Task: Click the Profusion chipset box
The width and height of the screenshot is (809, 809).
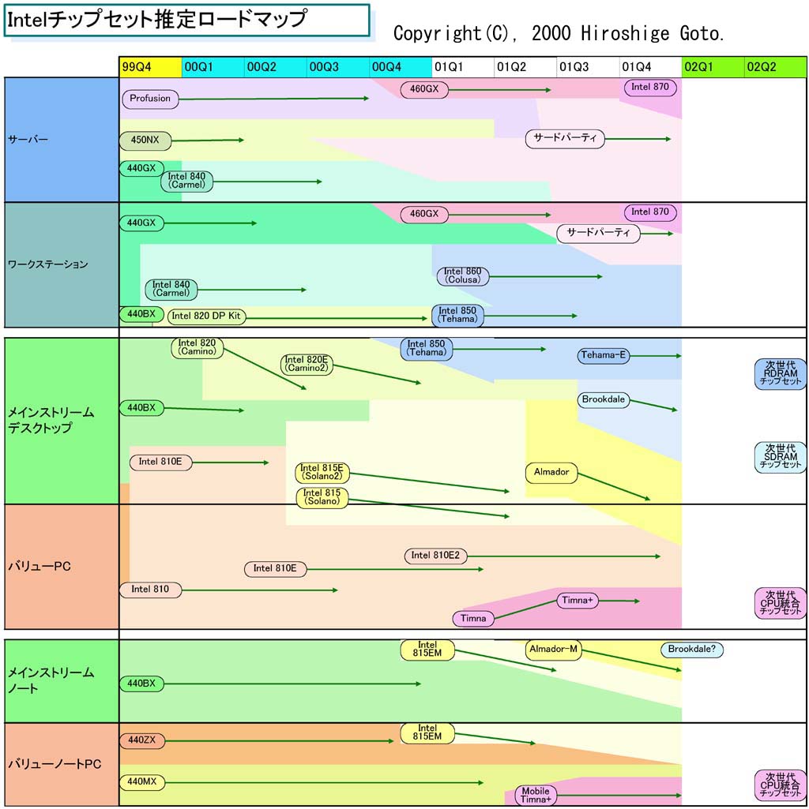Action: tap(150, 99)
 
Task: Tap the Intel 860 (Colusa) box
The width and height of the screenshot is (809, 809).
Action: tap(463, 275)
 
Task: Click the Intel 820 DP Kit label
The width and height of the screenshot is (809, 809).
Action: tap(207, 316)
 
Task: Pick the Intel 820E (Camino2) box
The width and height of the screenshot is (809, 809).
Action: tap(307, 364)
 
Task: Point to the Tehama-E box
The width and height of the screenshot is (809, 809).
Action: tap(604, 355)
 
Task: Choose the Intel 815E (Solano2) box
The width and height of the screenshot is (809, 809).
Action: tap(322, 472)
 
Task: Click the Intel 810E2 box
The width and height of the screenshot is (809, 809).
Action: tap(435, 556)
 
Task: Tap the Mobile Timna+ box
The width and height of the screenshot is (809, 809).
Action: tap(536, 795)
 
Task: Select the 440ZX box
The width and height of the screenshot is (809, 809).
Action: tap(142, 740)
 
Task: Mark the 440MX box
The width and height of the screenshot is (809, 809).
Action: tap(142, 782)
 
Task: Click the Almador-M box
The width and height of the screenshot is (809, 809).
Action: tap(554, 650)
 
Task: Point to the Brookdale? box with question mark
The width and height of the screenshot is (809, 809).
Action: tap(692, 650)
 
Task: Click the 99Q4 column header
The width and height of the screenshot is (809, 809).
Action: tap(150, 67)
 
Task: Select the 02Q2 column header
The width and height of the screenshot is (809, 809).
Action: tap(776, 67)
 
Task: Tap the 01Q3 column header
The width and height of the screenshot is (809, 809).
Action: tap(588, 67)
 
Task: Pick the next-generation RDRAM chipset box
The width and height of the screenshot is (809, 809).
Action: tap(780, 373)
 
